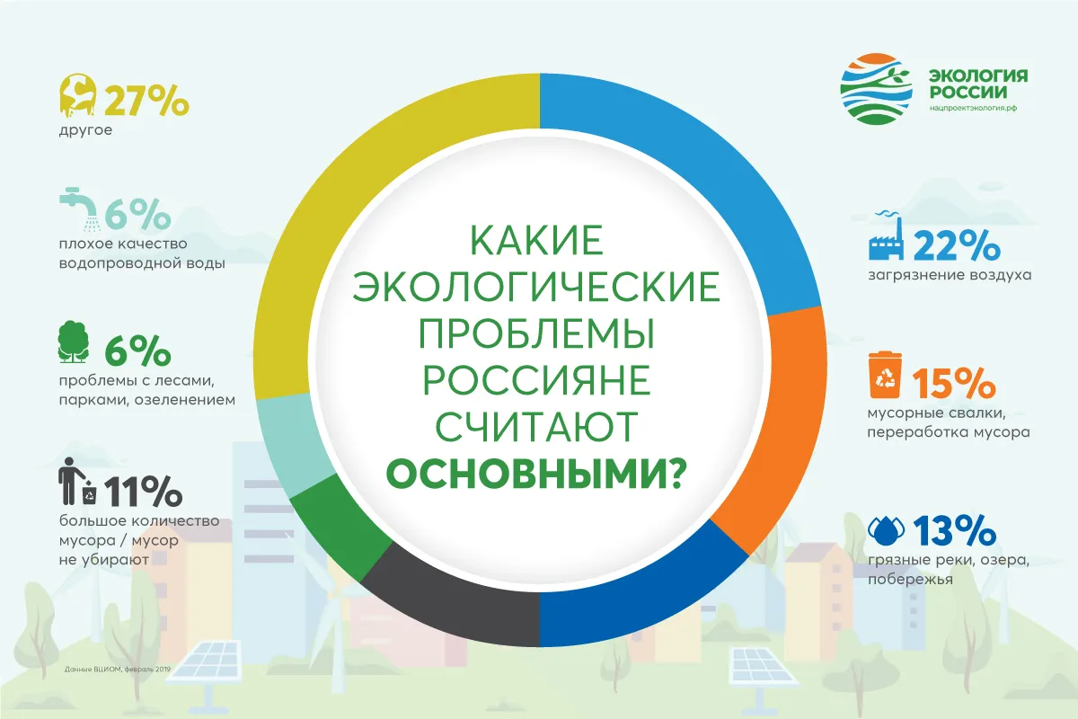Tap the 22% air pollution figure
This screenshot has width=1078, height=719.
(x=957, y=245)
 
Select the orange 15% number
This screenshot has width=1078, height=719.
(x=953, y=384)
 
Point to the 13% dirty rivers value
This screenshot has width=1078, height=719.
(x=954, y=530)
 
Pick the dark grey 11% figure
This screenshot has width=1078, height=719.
(x=143, y=492)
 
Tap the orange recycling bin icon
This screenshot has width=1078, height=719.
(x=885, y=375)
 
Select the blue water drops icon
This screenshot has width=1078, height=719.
(x=886, y=530)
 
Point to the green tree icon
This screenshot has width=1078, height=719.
(x=73, y=342)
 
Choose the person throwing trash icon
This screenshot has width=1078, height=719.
(x=77, y=481)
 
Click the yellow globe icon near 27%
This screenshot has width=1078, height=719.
(x=77, y=95)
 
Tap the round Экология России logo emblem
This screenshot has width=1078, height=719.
(x=877, y=89)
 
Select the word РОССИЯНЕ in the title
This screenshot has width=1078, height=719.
(x=536, y=380)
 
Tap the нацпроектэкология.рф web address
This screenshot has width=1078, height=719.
(x=973, y=109)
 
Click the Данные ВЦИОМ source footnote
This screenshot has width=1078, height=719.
(x=118, y=669)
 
